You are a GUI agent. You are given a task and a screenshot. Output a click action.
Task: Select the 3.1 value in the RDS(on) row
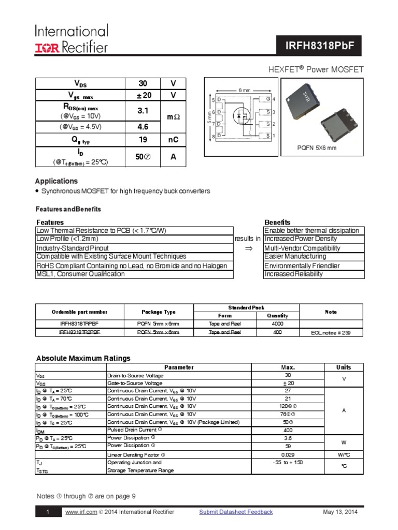(x=143, y=111)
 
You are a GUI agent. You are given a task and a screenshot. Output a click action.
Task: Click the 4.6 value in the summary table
(x=143, y=127)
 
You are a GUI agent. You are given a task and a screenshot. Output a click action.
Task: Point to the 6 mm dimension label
(x=244, y=90)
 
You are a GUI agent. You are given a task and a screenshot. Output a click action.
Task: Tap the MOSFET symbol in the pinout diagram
(x=240, y=115)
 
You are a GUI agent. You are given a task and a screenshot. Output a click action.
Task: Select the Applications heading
(x=56, y=181)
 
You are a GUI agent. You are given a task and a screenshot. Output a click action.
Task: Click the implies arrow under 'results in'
(x=248, y=248)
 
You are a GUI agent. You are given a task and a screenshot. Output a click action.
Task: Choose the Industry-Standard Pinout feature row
(x=72, y=248)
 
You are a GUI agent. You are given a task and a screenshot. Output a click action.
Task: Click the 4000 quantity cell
(x=277, y=323)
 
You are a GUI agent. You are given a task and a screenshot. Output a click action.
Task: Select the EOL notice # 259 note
(x=331, y=333)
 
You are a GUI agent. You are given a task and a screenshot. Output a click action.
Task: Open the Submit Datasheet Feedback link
(x=236, y=512)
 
